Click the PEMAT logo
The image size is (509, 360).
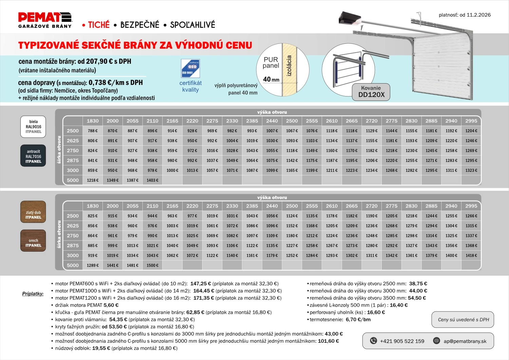coord(45,20)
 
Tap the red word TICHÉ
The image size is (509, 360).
coord(99,25)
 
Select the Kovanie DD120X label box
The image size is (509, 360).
coord(371,92)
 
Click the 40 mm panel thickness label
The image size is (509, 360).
coord(271,79)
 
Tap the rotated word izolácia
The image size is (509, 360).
coord(289,66)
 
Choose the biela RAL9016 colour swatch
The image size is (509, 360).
coord(33,127)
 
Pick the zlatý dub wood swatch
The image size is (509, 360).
coord(33,212)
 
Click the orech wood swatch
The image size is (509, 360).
coord(33,240)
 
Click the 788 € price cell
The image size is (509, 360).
coord(93,131)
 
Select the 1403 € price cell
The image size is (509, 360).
coord(152,180)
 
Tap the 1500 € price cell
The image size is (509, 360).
coord(152,265)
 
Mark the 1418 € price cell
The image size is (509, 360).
coord(471,255)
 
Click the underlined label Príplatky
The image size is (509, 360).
coord(33,294)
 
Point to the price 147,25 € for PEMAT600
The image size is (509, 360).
coord(201,284)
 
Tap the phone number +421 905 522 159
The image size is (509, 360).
coord(402,341)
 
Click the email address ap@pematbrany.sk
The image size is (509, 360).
coord(465,341)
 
